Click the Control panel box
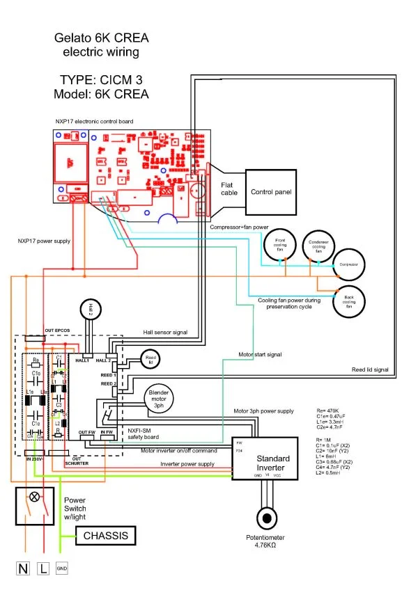(272, 191)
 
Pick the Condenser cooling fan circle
(318, 244)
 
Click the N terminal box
(24, 568)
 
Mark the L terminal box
(42, 568)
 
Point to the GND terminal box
(61, 568)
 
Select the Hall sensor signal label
(165, 333)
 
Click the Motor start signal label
(260, 354)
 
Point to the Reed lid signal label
(369, 369)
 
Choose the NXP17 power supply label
(44, 241)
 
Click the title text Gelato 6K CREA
(103, 39)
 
